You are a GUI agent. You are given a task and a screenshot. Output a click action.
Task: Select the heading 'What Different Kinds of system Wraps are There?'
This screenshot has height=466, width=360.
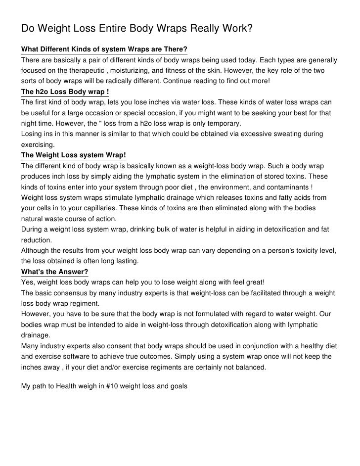click(104, 50)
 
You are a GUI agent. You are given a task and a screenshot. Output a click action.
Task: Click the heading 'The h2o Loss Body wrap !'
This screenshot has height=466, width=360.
click(65, 92)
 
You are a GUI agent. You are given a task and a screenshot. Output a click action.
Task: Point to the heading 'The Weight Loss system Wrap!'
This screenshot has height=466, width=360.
click(74, 154)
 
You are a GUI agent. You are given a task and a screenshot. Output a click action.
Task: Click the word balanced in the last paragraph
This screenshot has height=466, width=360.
click(249, 367)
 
